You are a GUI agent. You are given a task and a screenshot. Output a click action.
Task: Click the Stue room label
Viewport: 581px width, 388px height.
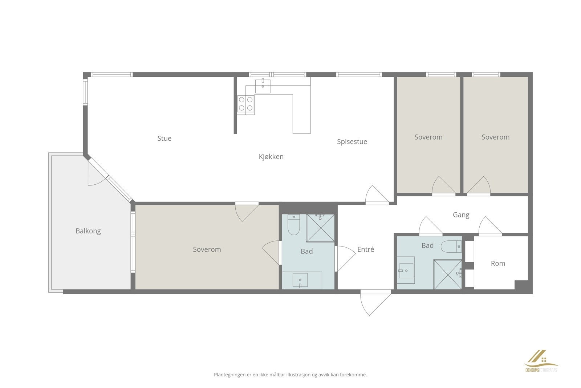[164, 138]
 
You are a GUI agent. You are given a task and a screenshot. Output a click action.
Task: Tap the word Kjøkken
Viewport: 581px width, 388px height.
[271, 157]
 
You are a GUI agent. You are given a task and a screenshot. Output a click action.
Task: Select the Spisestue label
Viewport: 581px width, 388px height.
[352, 142]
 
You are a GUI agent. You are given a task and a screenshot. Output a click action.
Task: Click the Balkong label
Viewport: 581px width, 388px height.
[88, 231]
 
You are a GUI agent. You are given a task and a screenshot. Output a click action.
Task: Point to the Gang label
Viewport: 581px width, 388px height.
[461, 215]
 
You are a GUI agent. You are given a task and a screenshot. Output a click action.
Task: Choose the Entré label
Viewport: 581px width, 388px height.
[366, 249]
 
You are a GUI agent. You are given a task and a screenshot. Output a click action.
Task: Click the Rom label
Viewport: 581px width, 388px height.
[498, 263]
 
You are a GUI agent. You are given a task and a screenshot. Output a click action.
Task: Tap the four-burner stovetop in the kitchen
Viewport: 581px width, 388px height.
[246, 104]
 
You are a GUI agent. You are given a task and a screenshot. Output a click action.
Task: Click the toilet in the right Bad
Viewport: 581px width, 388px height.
[451, 247]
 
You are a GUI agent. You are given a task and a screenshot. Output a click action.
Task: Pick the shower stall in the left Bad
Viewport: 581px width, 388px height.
[320, 228]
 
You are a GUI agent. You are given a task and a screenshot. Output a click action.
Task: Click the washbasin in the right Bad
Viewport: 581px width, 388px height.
[407, 270]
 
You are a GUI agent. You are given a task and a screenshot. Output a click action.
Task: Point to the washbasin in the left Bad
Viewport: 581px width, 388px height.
[300, 280]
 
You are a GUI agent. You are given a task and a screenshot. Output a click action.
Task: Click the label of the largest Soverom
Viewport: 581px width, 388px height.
[207, 249]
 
